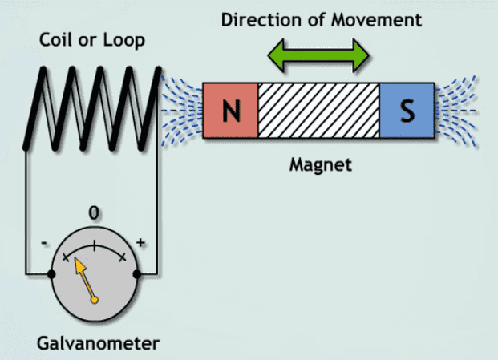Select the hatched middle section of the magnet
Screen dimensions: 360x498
point(318,111)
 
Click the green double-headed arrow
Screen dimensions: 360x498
point(318,54)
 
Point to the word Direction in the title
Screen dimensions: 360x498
point(257,18)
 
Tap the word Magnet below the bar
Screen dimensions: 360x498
point(319,166)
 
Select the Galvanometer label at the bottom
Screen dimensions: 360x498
point(98,345)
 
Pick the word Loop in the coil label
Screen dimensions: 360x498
point(123,39)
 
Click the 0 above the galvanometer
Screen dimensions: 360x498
point(95,213)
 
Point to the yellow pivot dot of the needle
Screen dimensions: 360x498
point(95,301)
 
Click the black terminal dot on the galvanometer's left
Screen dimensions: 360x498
point(51,275)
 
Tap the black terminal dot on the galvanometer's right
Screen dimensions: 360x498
point(138,275)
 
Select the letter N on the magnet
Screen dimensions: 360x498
point(231,111)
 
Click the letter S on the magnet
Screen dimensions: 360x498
point(407,111)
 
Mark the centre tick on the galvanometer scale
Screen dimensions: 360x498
point(95,246)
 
